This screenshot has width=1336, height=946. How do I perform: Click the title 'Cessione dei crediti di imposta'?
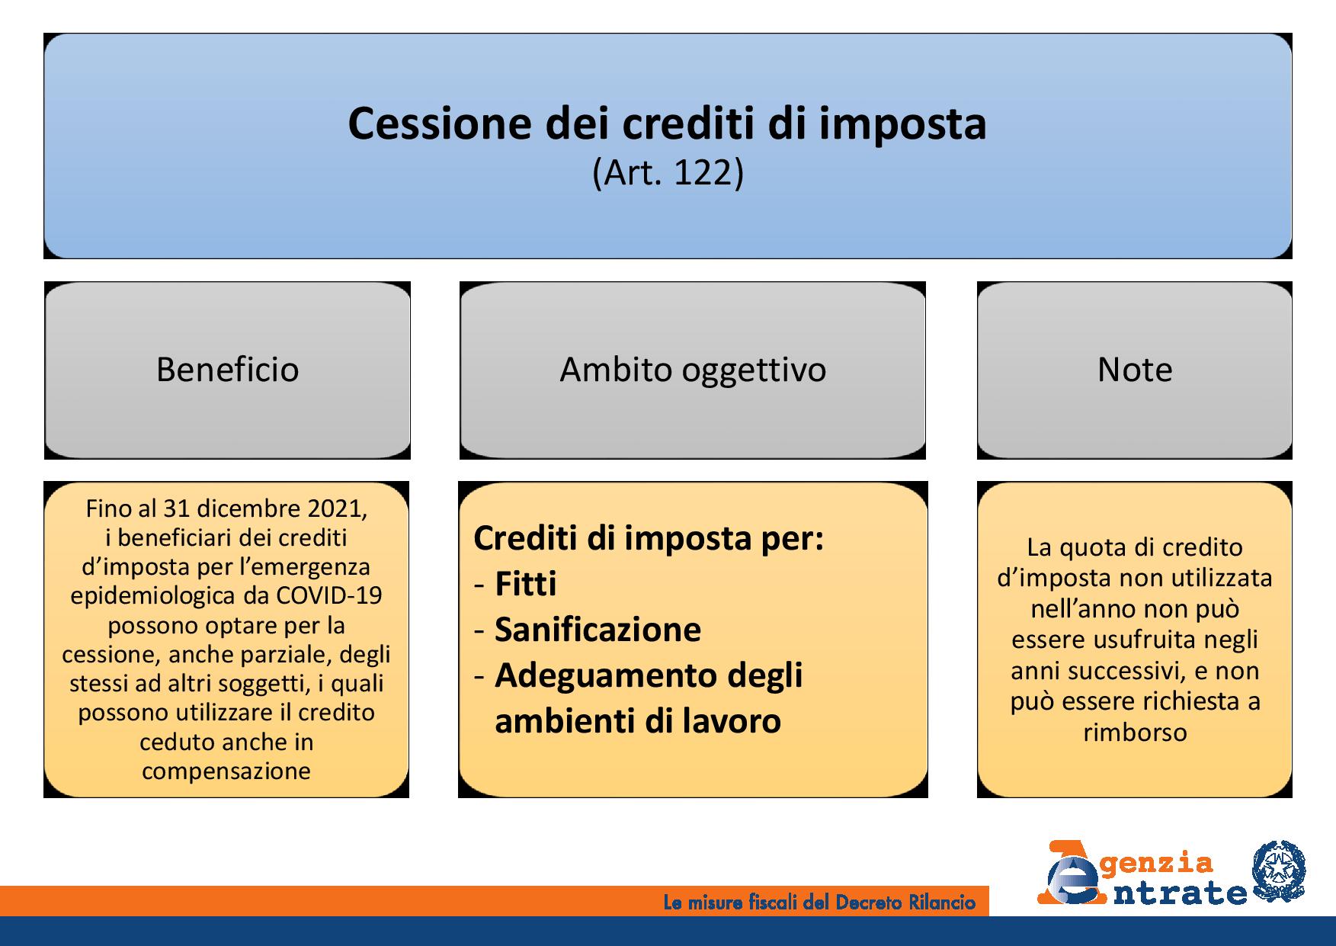coord(668,123)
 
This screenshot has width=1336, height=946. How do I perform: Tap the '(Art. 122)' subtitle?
coord(668,173)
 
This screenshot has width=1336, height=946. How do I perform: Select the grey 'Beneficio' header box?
coord(227,370)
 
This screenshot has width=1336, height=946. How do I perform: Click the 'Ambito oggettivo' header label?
coord(693,370)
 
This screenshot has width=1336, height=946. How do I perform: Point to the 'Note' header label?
coord(1135,370)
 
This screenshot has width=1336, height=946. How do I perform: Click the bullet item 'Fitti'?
coord(526,584)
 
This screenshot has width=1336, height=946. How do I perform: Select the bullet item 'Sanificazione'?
coord(598,630)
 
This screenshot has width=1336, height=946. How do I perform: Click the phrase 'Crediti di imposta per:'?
coord(649,539)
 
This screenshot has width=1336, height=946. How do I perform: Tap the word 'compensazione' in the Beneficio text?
coord(226,771)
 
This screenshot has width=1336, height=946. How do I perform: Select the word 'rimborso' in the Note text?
coord(1135,733)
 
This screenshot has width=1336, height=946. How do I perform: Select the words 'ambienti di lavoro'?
coord(638,721)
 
